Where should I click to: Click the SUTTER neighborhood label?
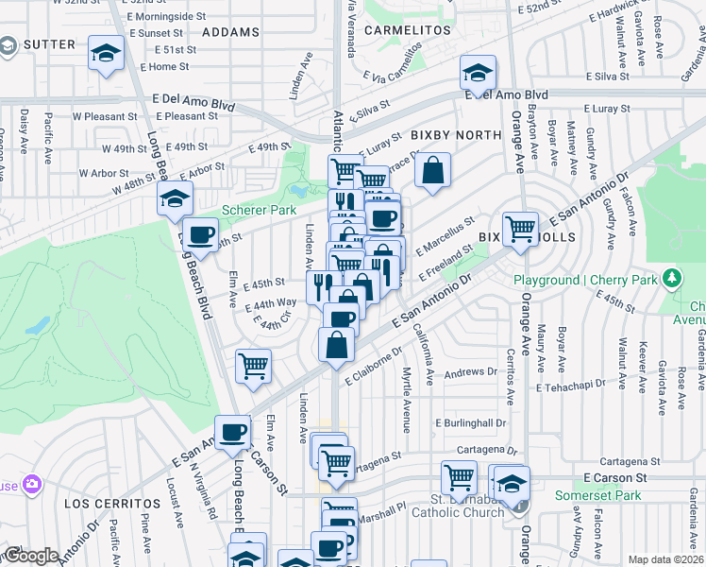tap(48, 44)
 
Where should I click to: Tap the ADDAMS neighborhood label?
tap(230, 32)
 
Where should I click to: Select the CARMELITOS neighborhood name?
tap(410, 30)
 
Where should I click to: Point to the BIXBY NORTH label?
tap(456, 136)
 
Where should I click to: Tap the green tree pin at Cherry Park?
tap(671, 279)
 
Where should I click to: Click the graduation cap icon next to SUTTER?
tap(107, 54)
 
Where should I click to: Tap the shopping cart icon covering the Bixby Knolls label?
tap(520, 228)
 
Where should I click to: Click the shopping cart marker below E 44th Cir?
tap(253, 365)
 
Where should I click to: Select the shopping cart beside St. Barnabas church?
tap(460, 476)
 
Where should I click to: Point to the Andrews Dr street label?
tap(464, 373)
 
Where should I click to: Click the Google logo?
tap(30, 556)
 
